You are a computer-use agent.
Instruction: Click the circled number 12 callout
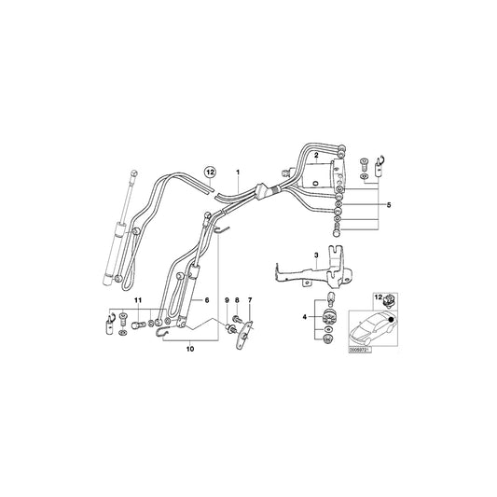210,173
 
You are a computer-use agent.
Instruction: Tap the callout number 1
238,173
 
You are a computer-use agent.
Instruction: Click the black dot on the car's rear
386,322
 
